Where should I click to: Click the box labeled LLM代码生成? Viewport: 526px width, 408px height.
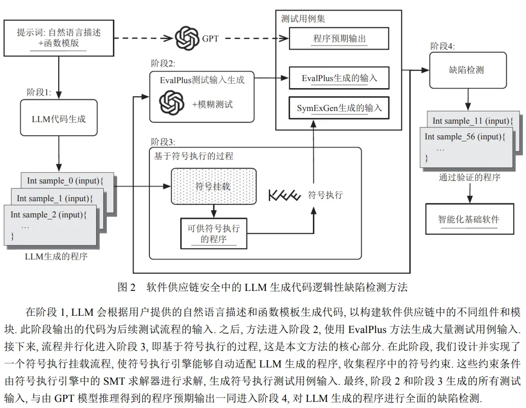59,118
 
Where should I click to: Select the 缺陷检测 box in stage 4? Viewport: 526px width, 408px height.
468,70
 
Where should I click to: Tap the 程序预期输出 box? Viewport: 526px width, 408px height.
339,39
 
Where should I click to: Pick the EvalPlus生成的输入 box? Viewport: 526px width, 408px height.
339,78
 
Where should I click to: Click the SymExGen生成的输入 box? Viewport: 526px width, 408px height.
339,108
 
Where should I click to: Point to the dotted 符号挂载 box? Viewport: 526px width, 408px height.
214,187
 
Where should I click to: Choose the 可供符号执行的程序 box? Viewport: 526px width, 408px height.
214,233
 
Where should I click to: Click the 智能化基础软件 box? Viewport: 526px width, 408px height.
470,219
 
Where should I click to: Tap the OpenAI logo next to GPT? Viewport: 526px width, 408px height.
187,39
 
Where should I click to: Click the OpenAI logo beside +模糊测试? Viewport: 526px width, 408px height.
172,103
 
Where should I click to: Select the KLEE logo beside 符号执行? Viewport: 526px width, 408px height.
285,195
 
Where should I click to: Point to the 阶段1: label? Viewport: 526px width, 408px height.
39,92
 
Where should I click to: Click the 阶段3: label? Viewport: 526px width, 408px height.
163,142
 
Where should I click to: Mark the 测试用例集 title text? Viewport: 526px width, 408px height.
303,19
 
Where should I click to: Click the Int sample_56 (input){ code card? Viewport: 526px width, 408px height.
466,147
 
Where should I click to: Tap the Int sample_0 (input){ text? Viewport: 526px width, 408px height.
65,180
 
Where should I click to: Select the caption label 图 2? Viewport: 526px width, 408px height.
127,287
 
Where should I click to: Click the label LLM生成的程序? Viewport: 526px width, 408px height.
56,256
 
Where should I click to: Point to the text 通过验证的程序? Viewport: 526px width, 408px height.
470,177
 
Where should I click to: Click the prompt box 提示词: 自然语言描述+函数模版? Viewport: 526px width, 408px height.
59,38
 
